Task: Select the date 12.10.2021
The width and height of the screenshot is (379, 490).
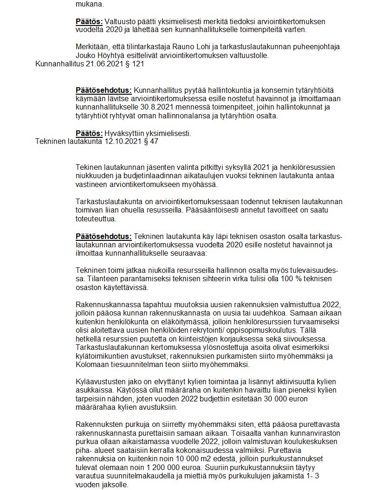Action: (123, 142)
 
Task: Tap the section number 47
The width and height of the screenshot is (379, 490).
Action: (153, 142)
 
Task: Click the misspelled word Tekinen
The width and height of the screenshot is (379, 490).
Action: (87, 167)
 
